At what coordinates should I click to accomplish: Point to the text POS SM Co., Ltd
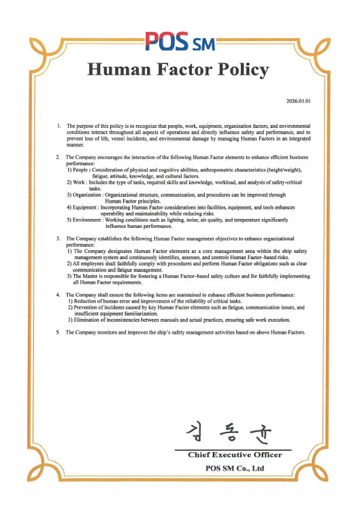click(x=235, y=468)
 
